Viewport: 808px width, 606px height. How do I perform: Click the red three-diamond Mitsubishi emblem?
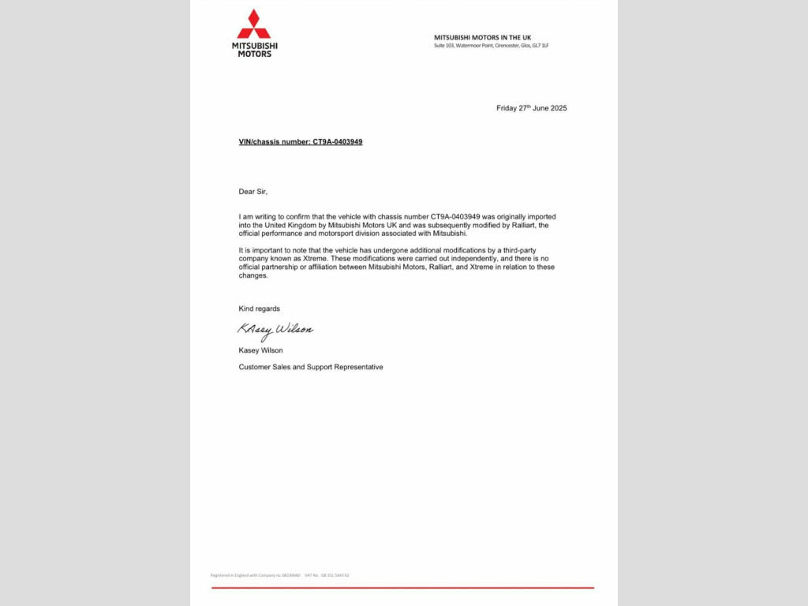[254, 24]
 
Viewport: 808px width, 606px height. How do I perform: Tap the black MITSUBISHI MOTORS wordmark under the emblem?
[254, 50]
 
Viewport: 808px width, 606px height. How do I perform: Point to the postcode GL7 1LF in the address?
[541, 46]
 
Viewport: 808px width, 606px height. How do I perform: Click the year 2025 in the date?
[558, 108]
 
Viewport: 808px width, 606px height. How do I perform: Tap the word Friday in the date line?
[506, 108]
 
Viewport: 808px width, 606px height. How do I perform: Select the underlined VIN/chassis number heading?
[301, 142]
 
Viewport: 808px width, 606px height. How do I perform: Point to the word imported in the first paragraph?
[546, 216]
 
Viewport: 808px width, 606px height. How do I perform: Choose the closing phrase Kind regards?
[260, 309]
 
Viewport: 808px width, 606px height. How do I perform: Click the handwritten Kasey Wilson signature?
[275, 330]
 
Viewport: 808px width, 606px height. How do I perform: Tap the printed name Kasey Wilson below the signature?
[261, 350]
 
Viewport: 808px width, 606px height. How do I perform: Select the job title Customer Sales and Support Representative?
[311, 367]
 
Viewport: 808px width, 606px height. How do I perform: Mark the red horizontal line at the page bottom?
[402, 588]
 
